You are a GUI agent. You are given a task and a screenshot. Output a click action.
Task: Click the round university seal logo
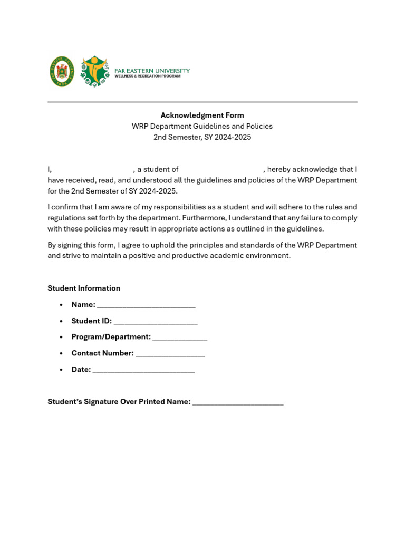(62, 72)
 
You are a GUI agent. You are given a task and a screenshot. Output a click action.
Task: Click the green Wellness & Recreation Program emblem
(95, 71)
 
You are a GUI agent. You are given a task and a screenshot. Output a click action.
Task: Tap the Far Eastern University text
(152, 71)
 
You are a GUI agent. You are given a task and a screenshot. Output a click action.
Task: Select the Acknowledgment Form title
(202, 115)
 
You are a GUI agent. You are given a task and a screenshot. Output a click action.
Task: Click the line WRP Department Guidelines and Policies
(202, 127)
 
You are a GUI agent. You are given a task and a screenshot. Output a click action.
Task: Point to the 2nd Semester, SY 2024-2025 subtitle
(202, 137)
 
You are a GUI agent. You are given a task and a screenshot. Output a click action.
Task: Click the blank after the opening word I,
(92, 170)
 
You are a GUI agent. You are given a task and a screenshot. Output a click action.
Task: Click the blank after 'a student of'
(220, 170)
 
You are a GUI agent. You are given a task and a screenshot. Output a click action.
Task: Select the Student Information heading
(84, 288)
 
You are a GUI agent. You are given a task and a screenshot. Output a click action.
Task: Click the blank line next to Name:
(146, 306)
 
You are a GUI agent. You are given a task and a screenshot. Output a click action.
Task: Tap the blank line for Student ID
(156, 322)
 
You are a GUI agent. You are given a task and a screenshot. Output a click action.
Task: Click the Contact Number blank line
(170, 354)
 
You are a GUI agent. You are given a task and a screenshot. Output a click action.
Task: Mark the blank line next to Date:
(143, 371)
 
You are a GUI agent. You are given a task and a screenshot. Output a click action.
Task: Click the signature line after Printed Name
(238, 403)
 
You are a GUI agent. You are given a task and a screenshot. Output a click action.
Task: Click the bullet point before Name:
(62, 305)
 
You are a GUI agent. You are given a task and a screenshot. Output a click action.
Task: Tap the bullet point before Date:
(62, 370)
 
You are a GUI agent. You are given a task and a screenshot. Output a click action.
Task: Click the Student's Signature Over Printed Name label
(119, 402)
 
